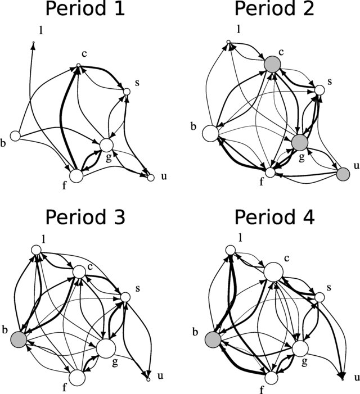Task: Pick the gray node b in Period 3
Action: [19, 339]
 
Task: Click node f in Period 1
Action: [76, 175]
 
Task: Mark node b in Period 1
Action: [15, 135]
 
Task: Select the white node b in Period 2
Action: [210, 133]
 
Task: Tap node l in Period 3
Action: [37, 250]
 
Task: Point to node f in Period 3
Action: [77, 378]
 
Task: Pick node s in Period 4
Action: [319, 297]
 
